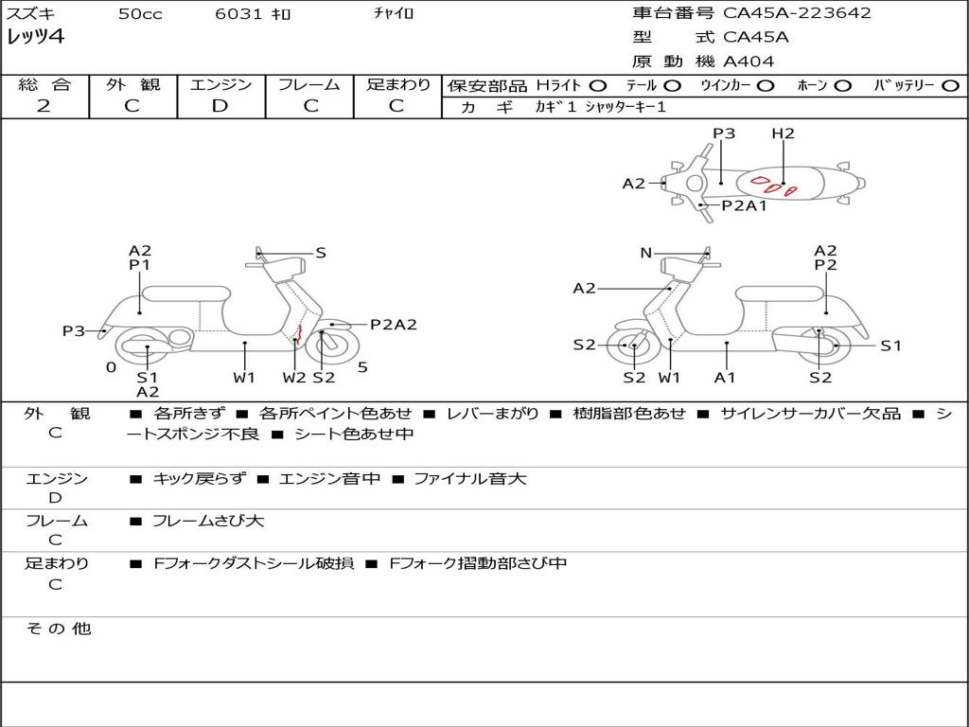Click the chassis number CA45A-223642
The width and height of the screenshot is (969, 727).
(x=797, y=13)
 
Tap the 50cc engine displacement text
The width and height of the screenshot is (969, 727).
(x=140, y=14)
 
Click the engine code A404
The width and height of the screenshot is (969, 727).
(x=749, y=62)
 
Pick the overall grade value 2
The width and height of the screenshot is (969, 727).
(x=44, y=106)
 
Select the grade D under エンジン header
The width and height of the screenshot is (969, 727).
(x=220, y=106)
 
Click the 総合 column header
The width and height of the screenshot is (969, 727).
(x=44, y=84)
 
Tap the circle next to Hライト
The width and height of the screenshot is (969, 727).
(x=598, y=85)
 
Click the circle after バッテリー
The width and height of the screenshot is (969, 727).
(x=950, y=85)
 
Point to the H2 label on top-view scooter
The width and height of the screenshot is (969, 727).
(x=783, y=133)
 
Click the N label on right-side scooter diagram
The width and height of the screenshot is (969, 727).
(x=645, y=253)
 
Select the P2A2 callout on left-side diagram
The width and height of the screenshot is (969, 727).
(x=393, y=325)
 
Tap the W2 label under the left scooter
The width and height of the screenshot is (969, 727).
(x=294, y=378)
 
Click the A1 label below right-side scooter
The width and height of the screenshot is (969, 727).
(x=725, y=378)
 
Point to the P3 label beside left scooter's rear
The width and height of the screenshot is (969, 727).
(x=74, y=330)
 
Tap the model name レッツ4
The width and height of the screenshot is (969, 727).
(x=36, y=38)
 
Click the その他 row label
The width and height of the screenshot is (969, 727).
(x=58, y=629)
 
